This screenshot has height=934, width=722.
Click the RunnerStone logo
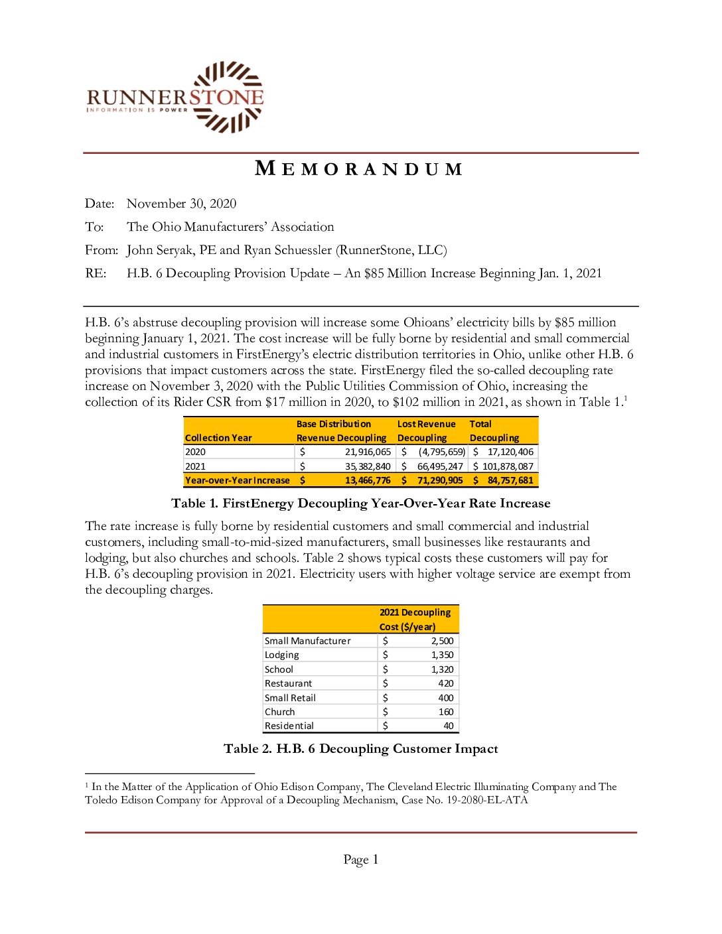175,98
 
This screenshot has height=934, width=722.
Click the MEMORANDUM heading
359,169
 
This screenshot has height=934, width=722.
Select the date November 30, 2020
181,204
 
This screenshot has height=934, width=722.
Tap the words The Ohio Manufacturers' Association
230,227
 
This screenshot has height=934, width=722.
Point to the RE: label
96,273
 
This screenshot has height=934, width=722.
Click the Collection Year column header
218,438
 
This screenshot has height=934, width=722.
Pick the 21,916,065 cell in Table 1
368,452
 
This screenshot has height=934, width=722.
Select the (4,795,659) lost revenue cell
442,452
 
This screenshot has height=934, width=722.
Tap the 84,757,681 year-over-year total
510,480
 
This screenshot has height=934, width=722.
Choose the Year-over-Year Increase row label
238,480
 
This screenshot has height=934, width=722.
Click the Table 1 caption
360,503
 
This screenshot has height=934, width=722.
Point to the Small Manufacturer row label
307,641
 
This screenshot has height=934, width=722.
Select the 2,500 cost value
442,641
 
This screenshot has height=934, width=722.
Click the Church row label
279,712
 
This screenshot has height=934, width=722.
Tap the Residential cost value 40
449,726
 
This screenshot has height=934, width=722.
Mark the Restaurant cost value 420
446,683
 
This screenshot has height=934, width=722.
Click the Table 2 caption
360,749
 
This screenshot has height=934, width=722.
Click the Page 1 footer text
360,860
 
